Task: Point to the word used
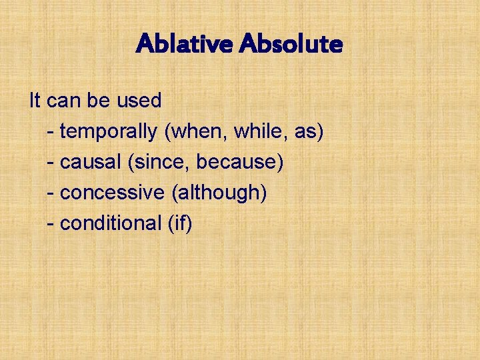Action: (139, 101)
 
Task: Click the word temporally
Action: (109, 131)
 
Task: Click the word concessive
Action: (112, 193)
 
